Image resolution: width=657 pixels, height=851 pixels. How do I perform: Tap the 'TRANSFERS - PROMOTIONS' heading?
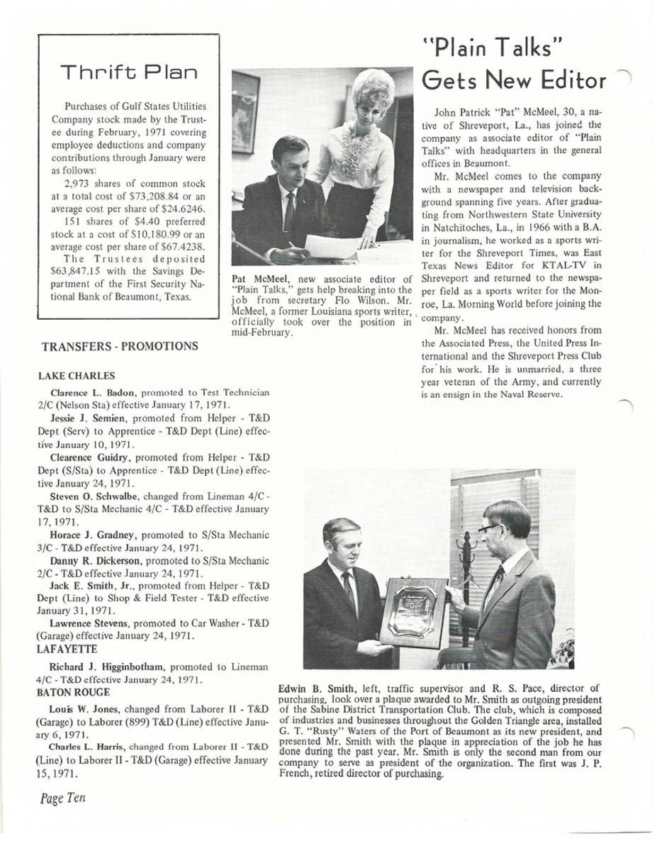[120, 347]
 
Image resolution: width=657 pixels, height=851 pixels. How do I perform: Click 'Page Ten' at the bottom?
[62, 798]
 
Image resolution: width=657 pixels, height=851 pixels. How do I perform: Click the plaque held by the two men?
[414, 611]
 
